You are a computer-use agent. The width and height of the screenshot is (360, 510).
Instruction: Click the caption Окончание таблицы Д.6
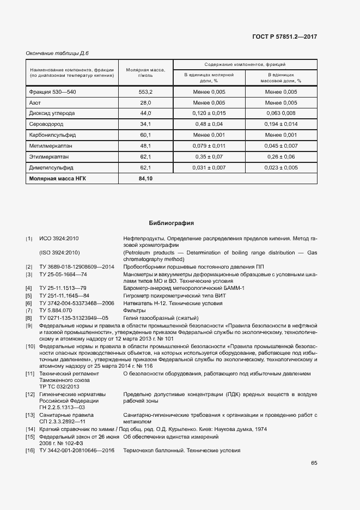[x=57, y=53]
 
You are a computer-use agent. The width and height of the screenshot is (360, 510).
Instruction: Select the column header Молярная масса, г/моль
[x=145, y=72]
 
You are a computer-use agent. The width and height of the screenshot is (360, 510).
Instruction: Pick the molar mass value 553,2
[x=145, y=92]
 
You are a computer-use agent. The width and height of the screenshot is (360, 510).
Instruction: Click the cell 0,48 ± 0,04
[x=209, y=124]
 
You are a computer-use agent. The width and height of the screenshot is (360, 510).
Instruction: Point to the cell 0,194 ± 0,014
[x=281, y=124]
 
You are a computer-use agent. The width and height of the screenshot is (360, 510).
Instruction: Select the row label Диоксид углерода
[x=52, y=113]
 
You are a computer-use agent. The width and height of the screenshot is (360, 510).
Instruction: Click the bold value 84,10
[x=145, y=178]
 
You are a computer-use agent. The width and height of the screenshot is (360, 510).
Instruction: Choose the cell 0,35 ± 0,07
[x=209, y=156]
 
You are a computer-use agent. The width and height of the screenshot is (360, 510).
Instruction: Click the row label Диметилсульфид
[x=51, y=167]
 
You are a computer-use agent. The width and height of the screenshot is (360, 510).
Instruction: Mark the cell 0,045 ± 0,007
[x=281, y=146]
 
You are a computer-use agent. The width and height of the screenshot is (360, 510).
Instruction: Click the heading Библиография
[x=172, y=223]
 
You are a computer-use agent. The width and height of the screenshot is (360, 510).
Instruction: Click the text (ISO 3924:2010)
[x=60, y=253]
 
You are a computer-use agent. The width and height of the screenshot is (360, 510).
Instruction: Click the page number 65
[x=314, y=463]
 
